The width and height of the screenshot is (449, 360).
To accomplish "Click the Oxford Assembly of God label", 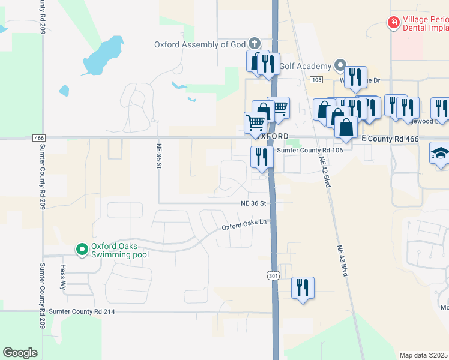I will (200, 44).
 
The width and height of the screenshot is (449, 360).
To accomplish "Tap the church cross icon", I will (255, 43).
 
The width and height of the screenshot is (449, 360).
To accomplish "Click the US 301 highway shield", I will (273, 275).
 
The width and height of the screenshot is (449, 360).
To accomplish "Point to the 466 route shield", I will (40, 137).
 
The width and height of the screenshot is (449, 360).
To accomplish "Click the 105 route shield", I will (316, 80).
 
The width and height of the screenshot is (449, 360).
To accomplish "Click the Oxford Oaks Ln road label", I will (243, 224).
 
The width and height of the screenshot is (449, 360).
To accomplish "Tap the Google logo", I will (20, 352).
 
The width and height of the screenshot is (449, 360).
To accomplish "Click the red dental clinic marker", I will (394, 23).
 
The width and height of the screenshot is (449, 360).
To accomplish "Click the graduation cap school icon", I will (440, 153).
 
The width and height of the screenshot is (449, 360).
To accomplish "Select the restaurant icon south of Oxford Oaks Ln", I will (303, 287).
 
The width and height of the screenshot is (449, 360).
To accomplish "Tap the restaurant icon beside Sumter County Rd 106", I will (262, 157).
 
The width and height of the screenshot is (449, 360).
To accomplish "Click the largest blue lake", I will (103, 55).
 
